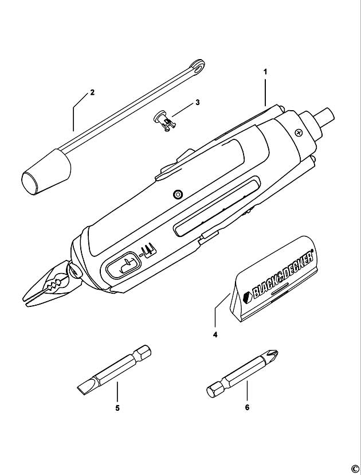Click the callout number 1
pyautogui.click(x=265, y=72)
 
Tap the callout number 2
pyautogui.click(x=92, y=92)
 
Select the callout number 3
pyautogui.click(x=197, y=102)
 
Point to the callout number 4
pyautogui.click(x=215, y=335)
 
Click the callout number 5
pyautogui.click(x=117, y=408)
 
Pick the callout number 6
pyautogui.click(x=247, y=407)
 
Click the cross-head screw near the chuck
pyautogui.click(x=299, y=133)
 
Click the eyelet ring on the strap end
pyautogui.click(x=197, y=67)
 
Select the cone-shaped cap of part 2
pyautogui.click(x=46, y=172)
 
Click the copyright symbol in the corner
pyautogui.click(x=355, y=469)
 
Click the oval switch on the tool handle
pyautogui.click(x=123, y=264)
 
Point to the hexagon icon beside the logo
pyautogui.click(x=247, y=296)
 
